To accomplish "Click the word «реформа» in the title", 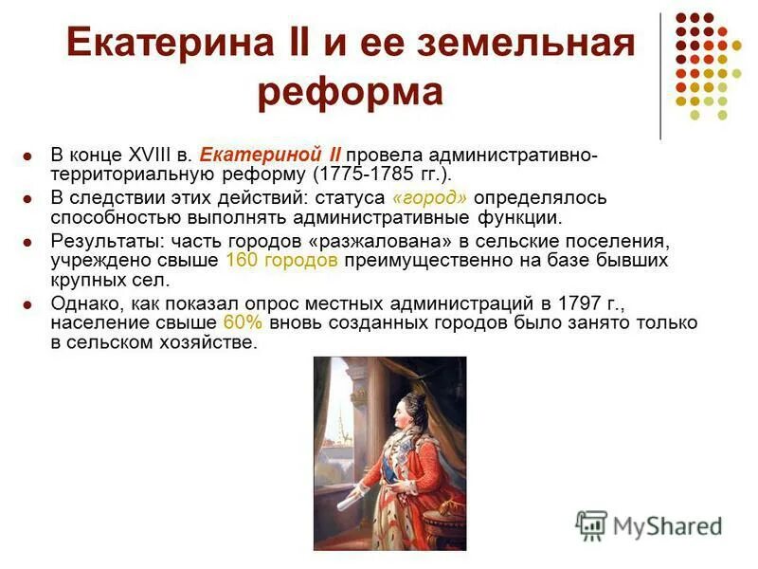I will tap(351, 93).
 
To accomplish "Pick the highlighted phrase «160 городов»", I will tap(282, 260).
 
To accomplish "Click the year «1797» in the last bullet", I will tap(555, 303).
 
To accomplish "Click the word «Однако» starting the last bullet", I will tap(81, 303).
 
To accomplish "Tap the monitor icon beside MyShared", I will tap(591, 524).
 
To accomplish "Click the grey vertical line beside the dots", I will tap(659, 76).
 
